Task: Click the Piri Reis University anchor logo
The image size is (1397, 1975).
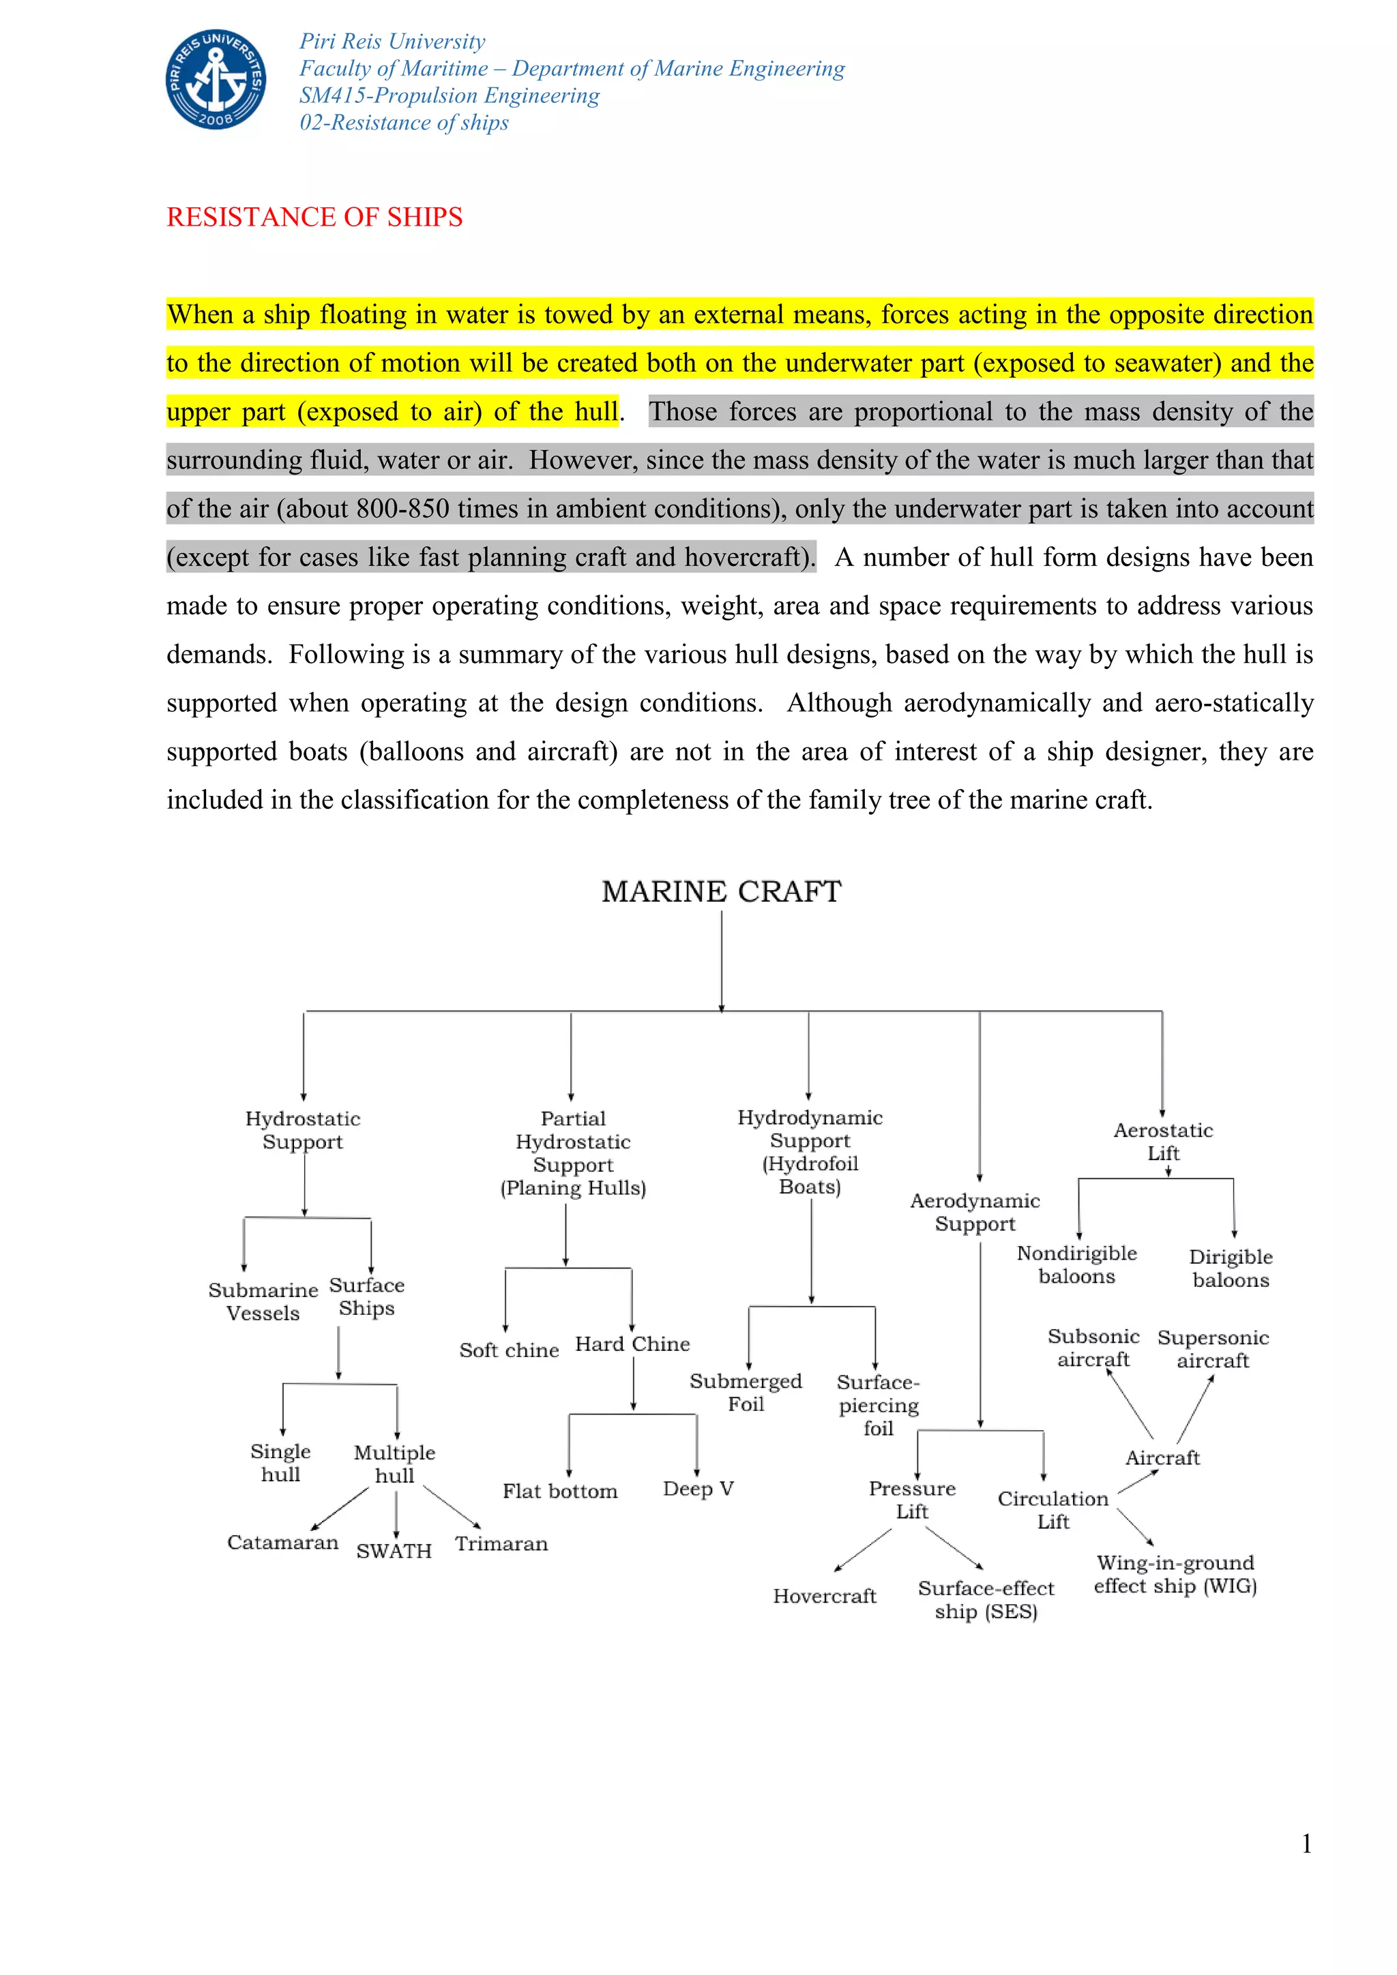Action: point(216,79)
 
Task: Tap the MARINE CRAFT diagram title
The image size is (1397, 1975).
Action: point(721,891)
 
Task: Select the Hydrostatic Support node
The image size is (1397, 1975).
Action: point(303,1129)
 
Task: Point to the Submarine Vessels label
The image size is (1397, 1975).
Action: point(263,1301)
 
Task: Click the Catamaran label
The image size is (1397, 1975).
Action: point(282,1543)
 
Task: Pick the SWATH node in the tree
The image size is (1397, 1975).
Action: point(394,1551)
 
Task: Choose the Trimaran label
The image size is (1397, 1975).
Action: point(501,1544)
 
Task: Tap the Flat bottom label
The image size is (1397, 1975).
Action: point(560,1491)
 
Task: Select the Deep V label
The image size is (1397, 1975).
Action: point(698,1489)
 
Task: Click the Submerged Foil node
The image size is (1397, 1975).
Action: point(745,1393)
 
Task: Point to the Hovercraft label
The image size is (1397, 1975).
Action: point(824,1597)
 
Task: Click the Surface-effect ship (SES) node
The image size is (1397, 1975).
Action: point(986,1600)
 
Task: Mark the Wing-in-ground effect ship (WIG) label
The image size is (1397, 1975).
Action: point(1175,1574)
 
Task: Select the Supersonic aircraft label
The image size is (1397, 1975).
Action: point(1213,1349)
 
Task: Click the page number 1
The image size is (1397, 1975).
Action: point(1306,1843)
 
